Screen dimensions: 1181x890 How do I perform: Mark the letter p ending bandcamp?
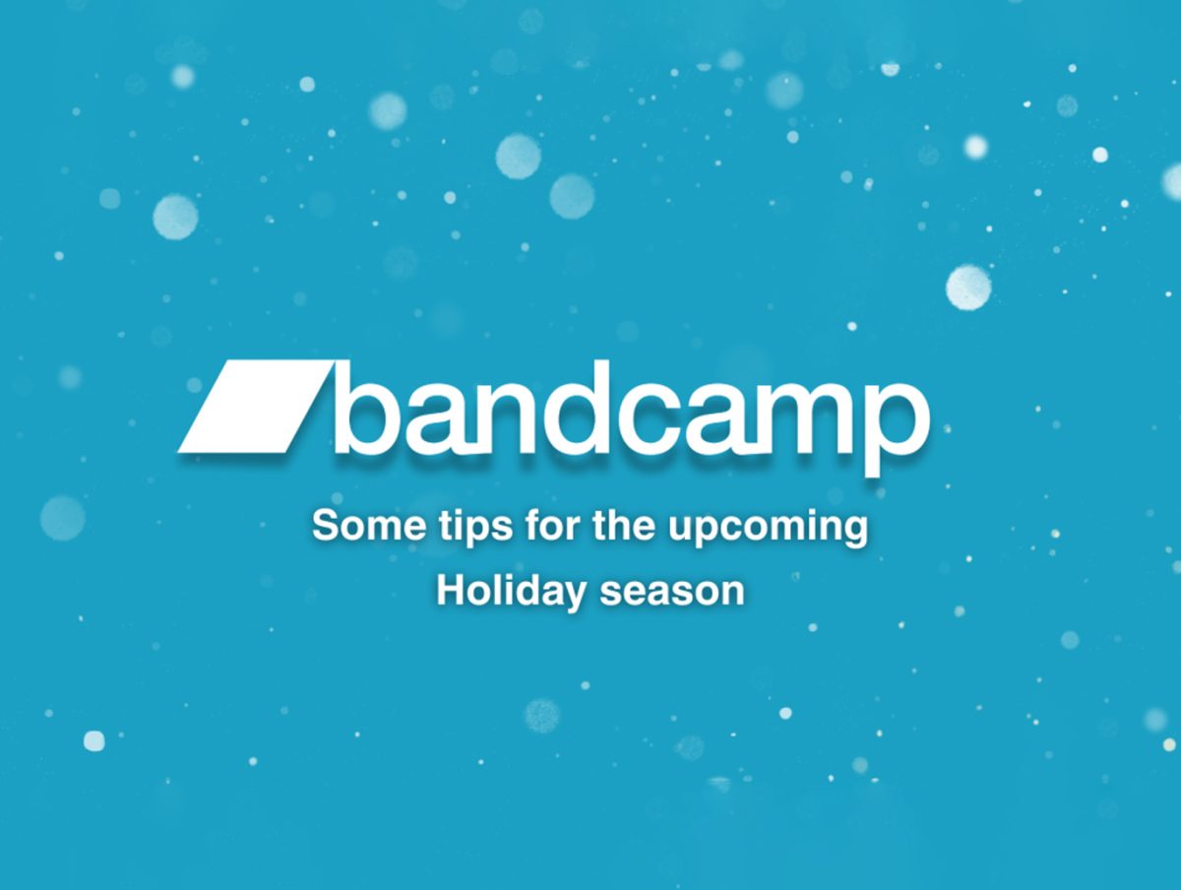point(896,430)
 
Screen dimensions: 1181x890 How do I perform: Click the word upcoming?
point(769,529)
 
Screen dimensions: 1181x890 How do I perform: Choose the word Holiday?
point(511,594)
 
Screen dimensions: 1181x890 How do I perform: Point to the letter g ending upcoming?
point(855,533)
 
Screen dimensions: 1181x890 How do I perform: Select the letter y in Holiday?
point(572,599)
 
